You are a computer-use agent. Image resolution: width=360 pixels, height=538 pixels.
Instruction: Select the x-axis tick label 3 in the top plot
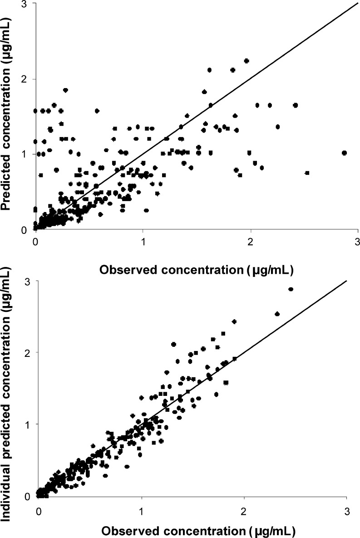click(x=358, y=241)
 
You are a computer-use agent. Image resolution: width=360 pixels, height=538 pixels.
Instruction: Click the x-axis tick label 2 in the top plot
click(x=250, y=241)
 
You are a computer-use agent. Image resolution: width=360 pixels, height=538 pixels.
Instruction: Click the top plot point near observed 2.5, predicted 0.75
click(x=307, y=173)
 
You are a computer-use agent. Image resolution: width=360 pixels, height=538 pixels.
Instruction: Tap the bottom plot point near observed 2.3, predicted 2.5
click(x=277, y=314)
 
